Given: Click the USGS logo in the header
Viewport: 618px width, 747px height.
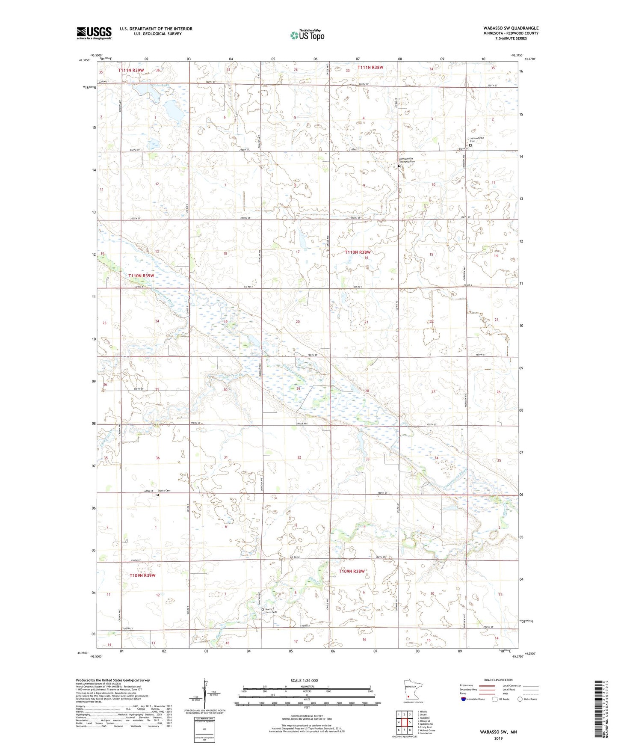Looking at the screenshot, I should pos(94,33).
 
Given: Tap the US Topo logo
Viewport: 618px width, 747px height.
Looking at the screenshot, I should pos(307,35).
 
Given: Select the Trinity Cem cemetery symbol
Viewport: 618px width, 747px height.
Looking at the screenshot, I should pos(157,495).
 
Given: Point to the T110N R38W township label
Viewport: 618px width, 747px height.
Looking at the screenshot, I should pos(358,252).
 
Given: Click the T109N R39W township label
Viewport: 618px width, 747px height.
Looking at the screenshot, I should pos(142,575).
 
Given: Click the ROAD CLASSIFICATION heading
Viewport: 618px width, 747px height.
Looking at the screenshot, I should pos(498,680).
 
